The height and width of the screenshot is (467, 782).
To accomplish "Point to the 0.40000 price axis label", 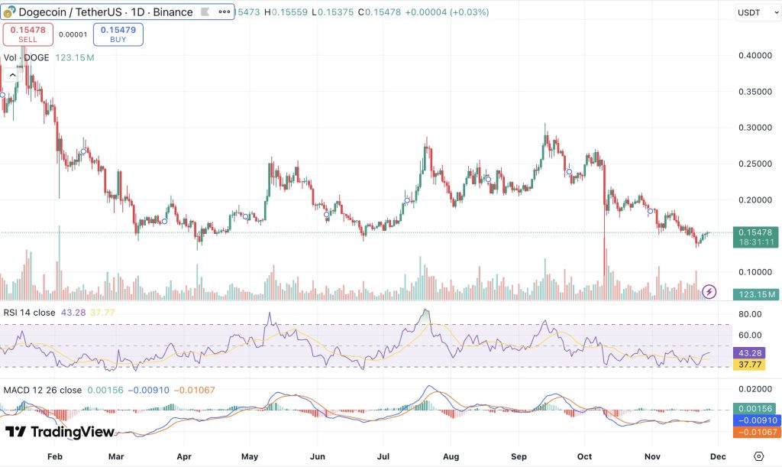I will (755, 56).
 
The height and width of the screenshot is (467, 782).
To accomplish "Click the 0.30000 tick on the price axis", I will (755, 128).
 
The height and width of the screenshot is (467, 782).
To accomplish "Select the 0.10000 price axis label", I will (755, 272).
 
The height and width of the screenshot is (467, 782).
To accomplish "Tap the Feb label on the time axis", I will (54, 456).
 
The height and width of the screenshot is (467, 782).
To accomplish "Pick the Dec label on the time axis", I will (717, 456).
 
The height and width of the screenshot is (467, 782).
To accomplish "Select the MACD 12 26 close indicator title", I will (43, 391).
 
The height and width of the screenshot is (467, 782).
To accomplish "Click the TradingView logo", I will (60, 433).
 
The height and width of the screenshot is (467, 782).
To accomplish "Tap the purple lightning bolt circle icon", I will (709, 291).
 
